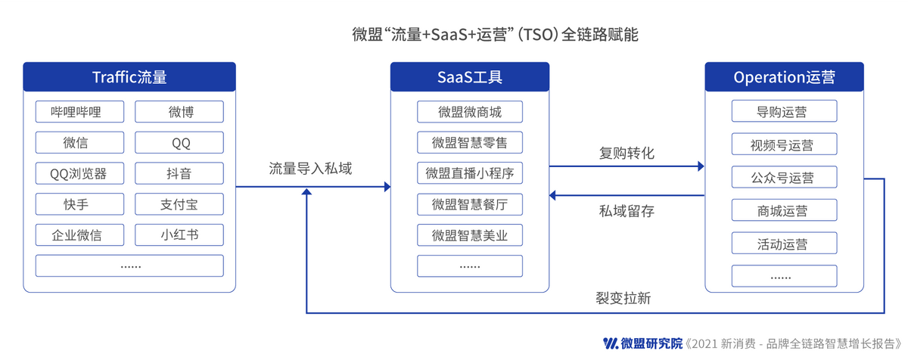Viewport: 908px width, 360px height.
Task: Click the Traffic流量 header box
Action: (129, 77)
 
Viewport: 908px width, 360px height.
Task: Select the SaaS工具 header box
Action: (470, 77)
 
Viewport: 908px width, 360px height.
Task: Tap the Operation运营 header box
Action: (784, 77)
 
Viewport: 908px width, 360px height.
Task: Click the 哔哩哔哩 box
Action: (76, 112)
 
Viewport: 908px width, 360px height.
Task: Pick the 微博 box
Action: (180, 112)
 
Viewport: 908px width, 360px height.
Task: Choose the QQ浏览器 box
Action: (76, 173)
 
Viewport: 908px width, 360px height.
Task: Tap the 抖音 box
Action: (180, 173)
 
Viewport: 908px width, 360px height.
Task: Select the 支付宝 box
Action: (180, 204)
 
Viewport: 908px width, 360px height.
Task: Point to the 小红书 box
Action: (180, 234)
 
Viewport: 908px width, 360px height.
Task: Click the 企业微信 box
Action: (76, 234)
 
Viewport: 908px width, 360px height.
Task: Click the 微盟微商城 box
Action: (470, 112)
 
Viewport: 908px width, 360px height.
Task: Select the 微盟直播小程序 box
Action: (470, 173)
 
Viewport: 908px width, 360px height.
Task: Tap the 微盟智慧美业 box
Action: (470, 235)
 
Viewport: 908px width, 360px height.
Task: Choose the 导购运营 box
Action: (784, 112)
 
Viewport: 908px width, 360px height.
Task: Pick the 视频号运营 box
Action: (784, 144)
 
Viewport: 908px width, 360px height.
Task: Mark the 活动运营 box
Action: (784, 244)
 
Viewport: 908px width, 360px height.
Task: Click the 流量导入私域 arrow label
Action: (310, 168)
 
